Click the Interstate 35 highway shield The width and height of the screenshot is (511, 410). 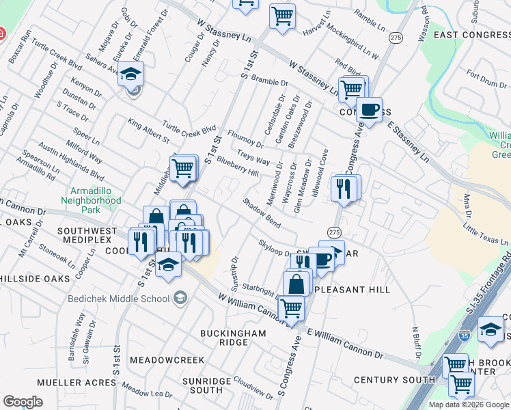tap(465, 336)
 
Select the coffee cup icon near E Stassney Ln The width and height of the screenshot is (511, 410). tap(369, 109)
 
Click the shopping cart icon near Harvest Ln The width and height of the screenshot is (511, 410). tap(282, 15)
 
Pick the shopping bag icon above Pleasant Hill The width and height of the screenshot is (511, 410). tap(296, 283)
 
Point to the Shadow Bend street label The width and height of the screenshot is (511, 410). tap(262, 213)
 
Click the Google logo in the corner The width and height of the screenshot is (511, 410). tap(23, 402)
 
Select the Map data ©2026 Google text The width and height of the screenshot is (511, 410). tap(469, 405)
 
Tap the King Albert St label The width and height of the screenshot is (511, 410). tap(148, 131)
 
